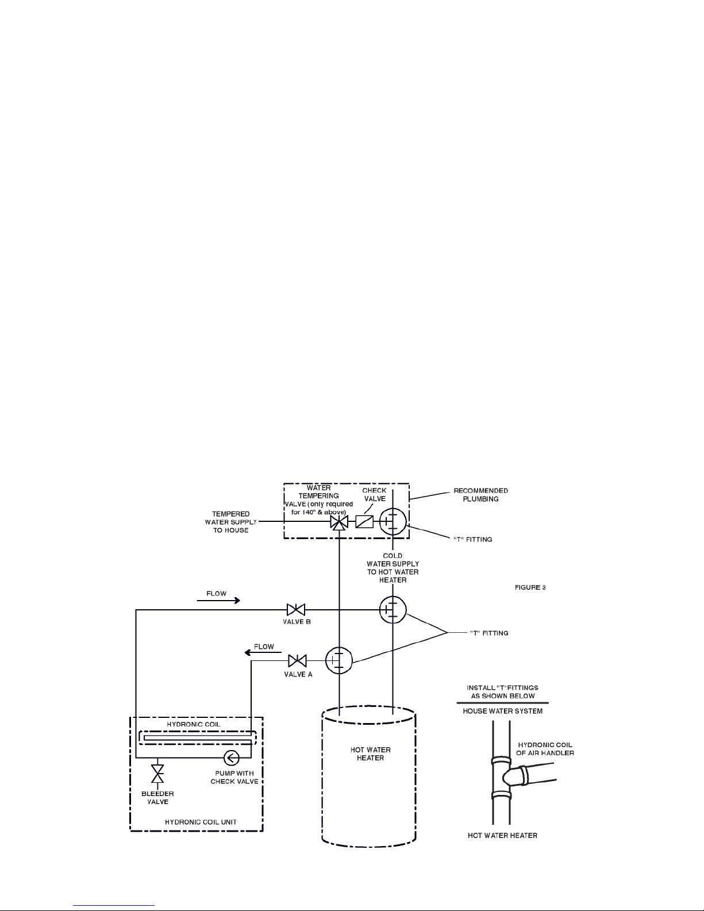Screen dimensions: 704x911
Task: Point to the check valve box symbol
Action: (364, 521)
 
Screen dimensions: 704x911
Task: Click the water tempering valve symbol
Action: (340, 522)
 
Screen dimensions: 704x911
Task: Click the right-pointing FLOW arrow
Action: (218, 601)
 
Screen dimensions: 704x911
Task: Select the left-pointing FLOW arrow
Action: (259, 652)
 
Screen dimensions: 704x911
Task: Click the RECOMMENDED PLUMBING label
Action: (480, 495)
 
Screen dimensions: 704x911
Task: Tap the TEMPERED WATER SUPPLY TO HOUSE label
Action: (230, 522)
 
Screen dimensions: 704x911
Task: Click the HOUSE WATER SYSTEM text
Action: (502, 711)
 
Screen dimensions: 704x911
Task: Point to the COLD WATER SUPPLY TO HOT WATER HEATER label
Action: (393, 568)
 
